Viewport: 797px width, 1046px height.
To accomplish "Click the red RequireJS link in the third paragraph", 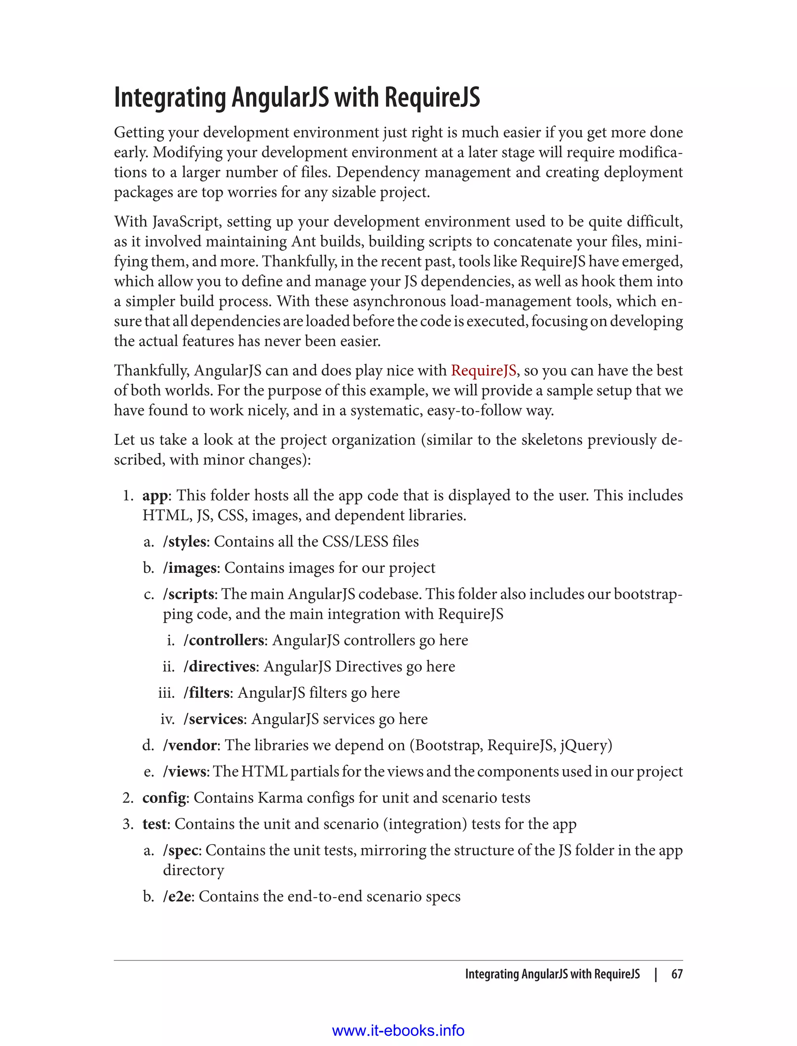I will [483, 370].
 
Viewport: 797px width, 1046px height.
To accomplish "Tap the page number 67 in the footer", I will [677, 974].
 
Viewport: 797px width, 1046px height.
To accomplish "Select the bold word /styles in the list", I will [184, 542].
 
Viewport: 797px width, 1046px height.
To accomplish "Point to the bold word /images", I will [189, 568].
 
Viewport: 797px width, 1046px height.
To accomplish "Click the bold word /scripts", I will [188, 594].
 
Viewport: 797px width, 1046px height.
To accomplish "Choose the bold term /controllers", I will [223, 641].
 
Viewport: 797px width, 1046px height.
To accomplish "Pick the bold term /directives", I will [219, 667].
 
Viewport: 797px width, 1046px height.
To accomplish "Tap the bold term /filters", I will [206, 693].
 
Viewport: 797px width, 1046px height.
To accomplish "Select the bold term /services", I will [214, 719].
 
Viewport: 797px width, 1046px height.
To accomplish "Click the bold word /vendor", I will [190, 745].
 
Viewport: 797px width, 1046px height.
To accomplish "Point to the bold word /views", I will [184, 772].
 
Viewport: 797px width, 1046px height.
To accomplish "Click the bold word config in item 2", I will [164, 798].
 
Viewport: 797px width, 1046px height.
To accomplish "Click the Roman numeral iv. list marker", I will [167, 719].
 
